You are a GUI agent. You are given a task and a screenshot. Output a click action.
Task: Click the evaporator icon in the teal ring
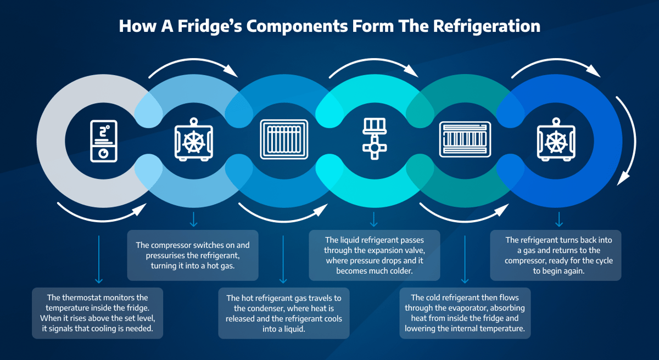(x=465, y=139)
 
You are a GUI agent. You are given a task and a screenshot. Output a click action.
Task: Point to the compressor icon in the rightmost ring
(x=556, y=140)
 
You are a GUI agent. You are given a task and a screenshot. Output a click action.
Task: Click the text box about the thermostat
(x=97, y=313)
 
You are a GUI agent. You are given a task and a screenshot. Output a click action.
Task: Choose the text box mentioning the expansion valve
(x=375, y=256)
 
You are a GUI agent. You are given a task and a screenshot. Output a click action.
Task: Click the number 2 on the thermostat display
(x=102, y=132)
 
